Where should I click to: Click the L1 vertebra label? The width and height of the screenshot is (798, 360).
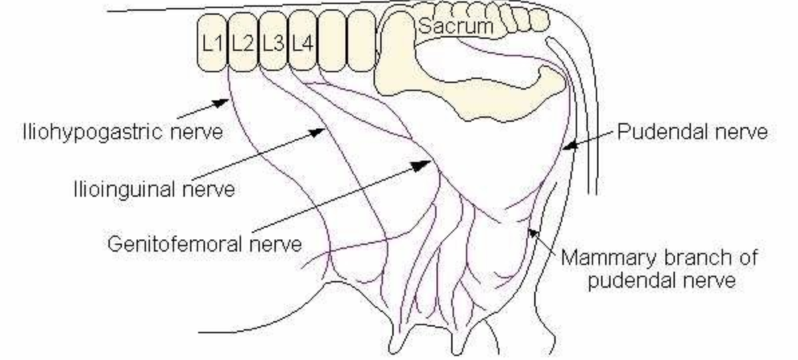click(212, 44)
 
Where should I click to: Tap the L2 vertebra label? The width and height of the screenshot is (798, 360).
click(242, 44)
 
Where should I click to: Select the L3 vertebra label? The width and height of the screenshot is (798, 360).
click(272, 44)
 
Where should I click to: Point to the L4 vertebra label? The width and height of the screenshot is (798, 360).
click(303, 44)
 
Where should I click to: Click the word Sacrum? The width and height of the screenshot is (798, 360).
click(455, 27)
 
